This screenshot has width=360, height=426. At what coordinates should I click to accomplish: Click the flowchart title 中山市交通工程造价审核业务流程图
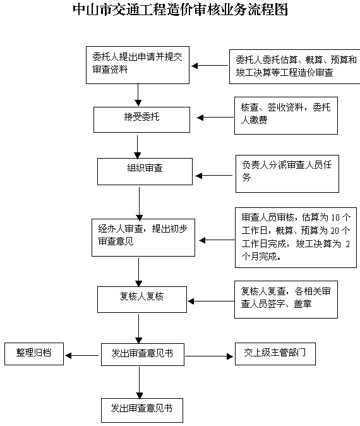(180, 9)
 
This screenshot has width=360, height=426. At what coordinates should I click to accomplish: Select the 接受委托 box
(141, 119)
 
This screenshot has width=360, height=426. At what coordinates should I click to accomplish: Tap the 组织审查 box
(145, 171)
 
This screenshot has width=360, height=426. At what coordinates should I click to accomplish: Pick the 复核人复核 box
(142, 300)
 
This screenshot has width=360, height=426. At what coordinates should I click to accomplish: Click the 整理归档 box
(34, 354)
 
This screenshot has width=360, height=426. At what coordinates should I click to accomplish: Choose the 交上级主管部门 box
(275, 354)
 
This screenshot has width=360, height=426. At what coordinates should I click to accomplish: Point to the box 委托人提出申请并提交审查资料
(138, 65)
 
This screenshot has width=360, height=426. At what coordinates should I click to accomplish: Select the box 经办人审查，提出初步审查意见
(143, 238)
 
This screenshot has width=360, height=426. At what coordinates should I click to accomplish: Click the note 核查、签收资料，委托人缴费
(286, 116)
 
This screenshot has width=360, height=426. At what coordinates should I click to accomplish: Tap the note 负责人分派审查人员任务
(287, 174)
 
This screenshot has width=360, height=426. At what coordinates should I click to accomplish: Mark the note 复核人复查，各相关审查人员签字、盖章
(286, 300)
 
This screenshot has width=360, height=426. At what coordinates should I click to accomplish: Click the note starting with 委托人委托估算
(295, 66)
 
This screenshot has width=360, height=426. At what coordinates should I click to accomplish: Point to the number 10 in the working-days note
(335, 217)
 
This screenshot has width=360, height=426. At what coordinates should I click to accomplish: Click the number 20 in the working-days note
(335, 231)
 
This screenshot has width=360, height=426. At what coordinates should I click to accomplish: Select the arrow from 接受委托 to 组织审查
(138, 147)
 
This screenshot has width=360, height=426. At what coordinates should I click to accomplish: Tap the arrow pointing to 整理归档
(82, 355)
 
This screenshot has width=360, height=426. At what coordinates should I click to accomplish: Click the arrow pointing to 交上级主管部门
(209, 356)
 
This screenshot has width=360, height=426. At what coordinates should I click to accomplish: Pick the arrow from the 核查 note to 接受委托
(215, 118)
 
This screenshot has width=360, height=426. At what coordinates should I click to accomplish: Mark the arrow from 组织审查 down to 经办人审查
(140, 204)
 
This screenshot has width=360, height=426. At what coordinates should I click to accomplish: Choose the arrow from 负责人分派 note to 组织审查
(214, 176)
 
